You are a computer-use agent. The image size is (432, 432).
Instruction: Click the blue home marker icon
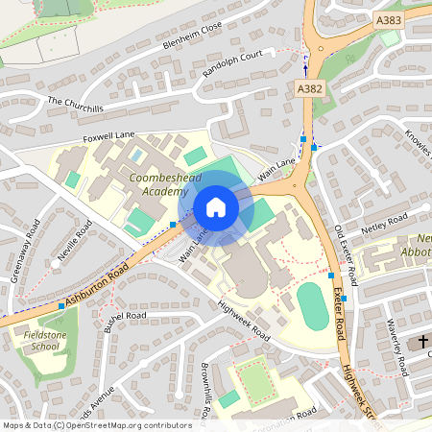tap(216, 207)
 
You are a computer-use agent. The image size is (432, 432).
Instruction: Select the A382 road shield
tap(307, 87)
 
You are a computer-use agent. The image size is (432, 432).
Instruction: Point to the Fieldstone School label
tap(37, 340)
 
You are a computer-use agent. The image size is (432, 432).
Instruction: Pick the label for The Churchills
tap(75, 105)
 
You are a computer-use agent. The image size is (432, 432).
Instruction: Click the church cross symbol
tap(423, 343)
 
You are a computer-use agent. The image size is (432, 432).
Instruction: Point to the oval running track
tap(313, 307)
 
